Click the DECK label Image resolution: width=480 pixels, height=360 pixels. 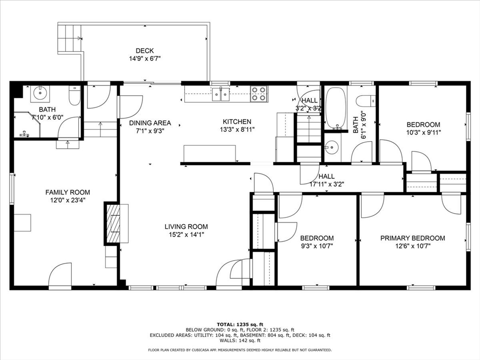(x=144, y=51)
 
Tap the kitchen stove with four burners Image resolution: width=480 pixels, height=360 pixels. (x=258, y=94)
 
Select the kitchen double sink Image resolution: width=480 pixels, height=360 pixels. (x=220, y=94)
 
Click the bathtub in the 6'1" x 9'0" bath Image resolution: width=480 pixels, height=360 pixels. (x=336, y=108)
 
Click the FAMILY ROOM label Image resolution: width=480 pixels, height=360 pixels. (x=67, y=192)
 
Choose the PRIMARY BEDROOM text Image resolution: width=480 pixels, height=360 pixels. (x=412, y=238)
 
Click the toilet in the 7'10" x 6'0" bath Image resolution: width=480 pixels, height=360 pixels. (x=75, y=96)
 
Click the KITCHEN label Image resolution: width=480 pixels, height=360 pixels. (x=237, y=122)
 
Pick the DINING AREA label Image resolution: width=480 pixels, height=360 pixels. (x=150, y=123)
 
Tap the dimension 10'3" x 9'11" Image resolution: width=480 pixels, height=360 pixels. (x=423, y=132)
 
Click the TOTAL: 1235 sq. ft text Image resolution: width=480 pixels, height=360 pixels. (x=240, y=324)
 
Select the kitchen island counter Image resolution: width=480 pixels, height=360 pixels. (x=210, y=153)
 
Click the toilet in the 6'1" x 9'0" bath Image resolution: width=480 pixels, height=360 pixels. (x=366, y=101)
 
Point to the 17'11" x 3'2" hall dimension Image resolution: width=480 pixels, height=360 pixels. (x=326, y=184)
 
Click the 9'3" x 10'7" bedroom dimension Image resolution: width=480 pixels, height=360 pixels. (x=317, y=246)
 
